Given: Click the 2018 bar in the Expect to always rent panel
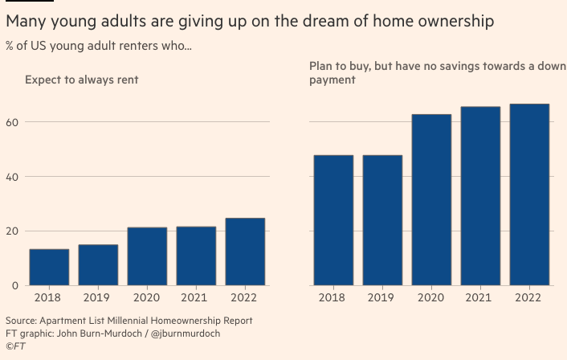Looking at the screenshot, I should point(49,267).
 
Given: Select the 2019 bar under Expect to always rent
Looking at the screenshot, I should point(98,264).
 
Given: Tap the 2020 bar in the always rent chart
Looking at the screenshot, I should point(147,256).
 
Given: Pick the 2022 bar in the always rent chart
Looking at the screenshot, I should point(245,252).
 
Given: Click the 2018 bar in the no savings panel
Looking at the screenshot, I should point(333,219).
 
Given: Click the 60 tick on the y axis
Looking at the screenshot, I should point(12,122).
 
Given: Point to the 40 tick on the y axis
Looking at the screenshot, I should point(12,177).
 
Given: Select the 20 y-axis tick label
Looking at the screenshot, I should point(12,231).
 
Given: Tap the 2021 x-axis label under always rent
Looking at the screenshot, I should point(196,297).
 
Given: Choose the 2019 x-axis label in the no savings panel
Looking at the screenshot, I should point(382,297).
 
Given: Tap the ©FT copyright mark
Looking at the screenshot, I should point(15,346).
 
